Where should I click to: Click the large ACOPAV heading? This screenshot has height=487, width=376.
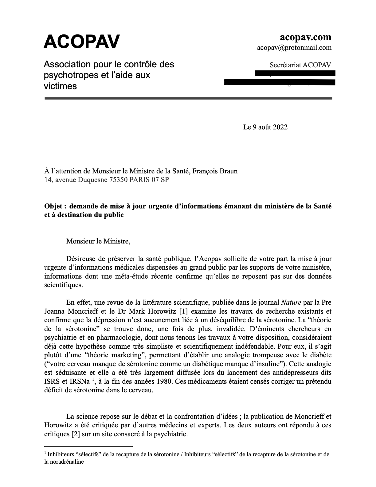point(82,42)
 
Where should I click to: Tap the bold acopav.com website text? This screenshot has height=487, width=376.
point(305,37)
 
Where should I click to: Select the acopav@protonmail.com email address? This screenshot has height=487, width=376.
point(294,48)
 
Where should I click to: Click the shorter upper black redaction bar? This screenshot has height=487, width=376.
point(295,73)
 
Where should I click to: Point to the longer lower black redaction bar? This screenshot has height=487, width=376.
point(280,82)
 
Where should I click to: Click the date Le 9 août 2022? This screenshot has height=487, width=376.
point(265,127)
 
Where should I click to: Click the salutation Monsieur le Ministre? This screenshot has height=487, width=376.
point(98,241)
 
